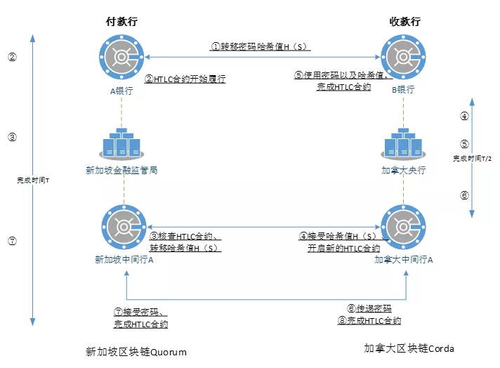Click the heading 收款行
pos(404,22)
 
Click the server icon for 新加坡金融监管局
pos(122,144)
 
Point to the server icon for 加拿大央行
pos(403,144)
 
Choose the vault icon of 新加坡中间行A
pos(124,227)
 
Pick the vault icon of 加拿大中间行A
pos(403,227)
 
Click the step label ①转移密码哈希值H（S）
pos(261,46)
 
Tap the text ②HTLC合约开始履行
pos(185,79)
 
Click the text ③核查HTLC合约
pos(185,237)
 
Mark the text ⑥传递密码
pos(369,308)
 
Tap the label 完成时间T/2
pos(471,159)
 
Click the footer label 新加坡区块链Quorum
pos(136,351)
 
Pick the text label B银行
pos(403,89)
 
